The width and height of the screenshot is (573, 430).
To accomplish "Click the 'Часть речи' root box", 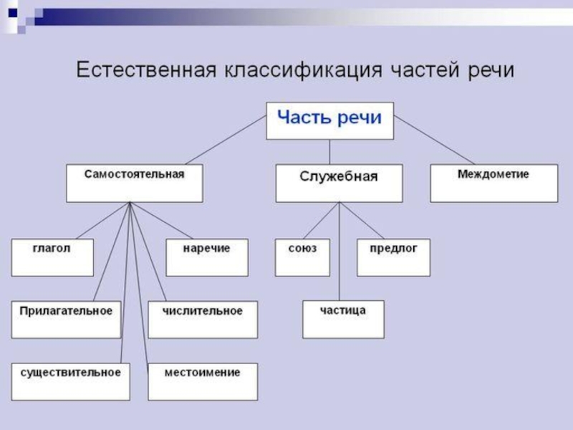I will (329, 120).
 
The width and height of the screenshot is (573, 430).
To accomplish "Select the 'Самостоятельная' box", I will (134, 183).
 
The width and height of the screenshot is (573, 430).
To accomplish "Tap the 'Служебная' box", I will (339, 183).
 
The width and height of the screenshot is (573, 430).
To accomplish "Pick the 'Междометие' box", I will (493, 183).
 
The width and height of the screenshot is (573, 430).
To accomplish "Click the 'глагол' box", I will (52, 257).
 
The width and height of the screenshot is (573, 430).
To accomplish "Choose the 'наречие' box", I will (207, 257).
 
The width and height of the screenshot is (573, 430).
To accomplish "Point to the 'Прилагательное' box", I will (66, 319).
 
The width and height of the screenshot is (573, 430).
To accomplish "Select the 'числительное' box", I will (203, 319).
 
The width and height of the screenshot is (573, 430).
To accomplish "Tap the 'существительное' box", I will (70, 381).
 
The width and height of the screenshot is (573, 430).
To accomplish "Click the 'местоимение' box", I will (203, 381).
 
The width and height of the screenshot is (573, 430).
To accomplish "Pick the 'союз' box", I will (303, 257).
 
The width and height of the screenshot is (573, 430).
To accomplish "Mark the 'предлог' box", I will (393, 257).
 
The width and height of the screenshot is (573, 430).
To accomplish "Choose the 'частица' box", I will (343, 319).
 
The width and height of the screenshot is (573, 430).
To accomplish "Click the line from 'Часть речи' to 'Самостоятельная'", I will (226, 140).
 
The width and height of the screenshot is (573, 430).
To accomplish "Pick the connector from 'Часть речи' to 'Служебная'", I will (329, 152).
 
